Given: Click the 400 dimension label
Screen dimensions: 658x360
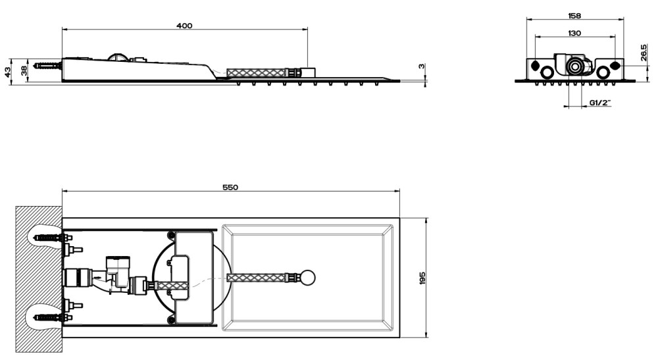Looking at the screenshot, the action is click(x=184, y=26).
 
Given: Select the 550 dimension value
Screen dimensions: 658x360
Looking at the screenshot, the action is click(x=230, y=187).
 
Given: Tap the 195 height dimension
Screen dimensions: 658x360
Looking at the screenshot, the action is click(x=422, y=278).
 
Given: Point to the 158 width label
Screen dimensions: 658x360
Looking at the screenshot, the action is click(x=574, y=16).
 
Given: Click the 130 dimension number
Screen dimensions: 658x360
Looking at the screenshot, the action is click(x=574, y=33).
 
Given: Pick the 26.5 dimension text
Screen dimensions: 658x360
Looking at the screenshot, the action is click(x=644, y=53).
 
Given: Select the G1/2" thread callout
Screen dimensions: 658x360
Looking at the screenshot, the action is click(x=600, y=103).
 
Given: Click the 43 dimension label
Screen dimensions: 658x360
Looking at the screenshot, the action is click(x=7, y=72).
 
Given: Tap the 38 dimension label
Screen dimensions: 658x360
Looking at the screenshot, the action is click(x=24, y=70).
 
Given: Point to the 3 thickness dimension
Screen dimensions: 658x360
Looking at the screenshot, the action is click(x=422, y=66).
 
